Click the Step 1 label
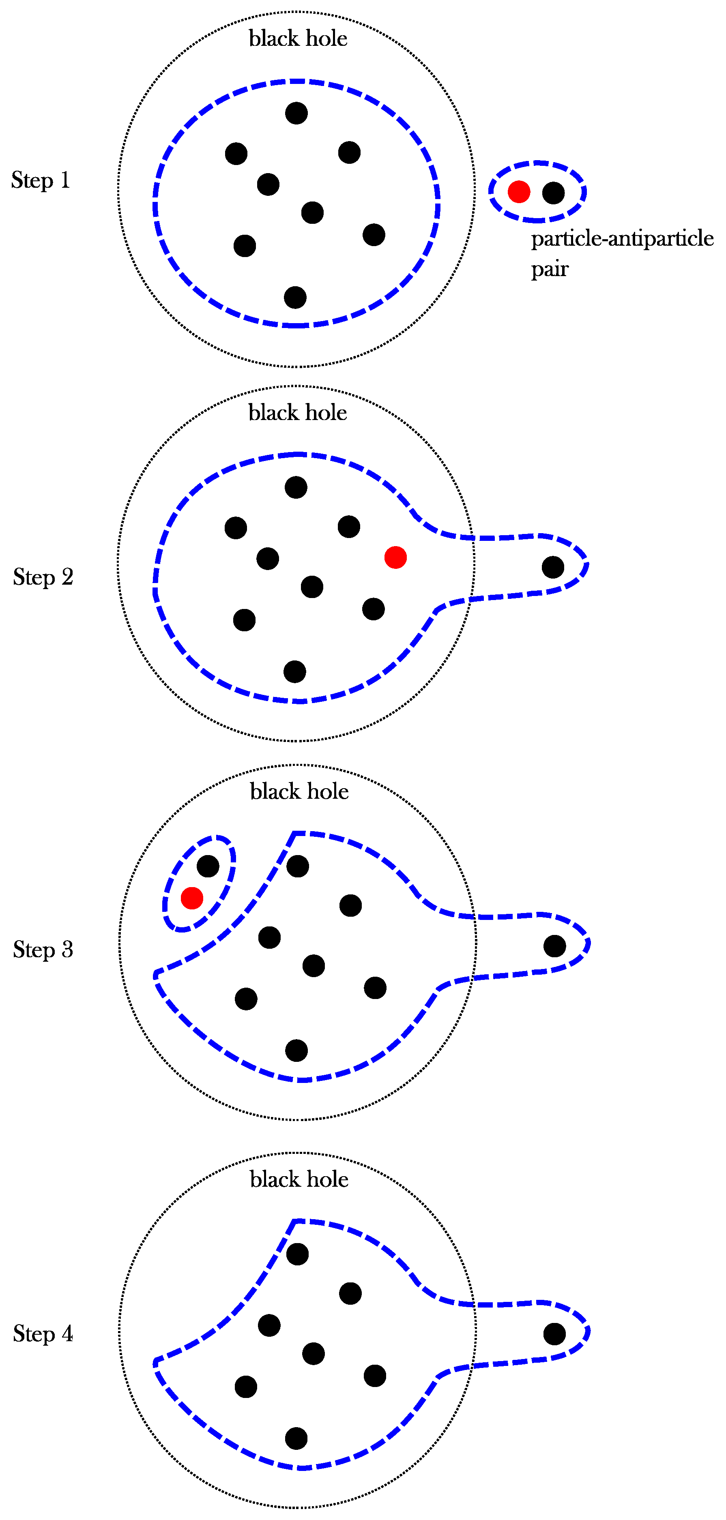click(x=41, y=180)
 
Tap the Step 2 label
click(x=43, y=577)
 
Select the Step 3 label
click(x=43, y=950)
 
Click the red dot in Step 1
click(x=519, y=192)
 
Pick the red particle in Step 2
click(x=395, y=557)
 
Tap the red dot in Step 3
click(x=192, y=898)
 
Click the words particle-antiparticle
click(x=622, y=238)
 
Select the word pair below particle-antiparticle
click(x=550, y=269)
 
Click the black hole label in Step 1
click(x=298, y=39)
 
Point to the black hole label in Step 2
click(x=297, y=412)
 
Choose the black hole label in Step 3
click(x=299, y=791)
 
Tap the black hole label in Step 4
click(x=299, y=1179)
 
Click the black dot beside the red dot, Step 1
click(x=553, y=192)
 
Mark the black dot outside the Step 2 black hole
click(x=552, y=567)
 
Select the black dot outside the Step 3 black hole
click(x=554, y=946)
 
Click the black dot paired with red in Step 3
click(x=208, y=866)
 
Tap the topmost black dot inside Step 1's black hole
click(x=296, y=113)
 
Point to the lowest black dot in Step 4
click(x=296, y=1439)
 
